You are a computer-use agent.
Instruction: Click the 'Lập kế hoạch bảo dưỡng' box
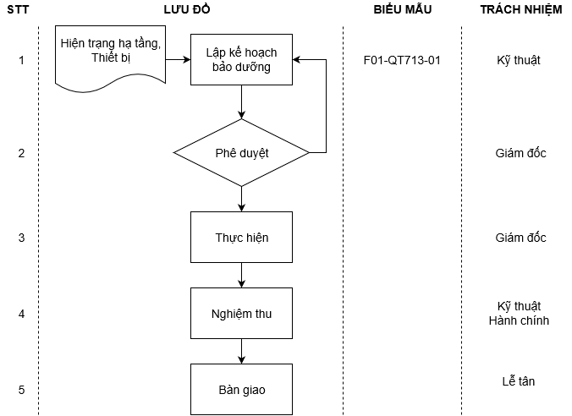coord(241,60)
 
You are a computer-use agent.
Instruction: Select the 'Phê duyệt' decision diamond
coord(241,153)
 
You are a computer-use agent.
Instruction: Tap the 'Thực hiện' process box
coord(241,238)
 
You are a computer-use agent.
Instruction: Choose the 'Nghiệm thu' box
coord(241,314)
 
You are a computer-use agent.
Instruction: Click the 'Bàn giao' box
coord(241,389)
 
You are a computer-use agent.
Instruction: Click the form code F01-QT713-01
coord(402,61)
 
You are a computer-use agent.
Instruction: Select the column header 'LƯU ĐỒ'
coord(186,9)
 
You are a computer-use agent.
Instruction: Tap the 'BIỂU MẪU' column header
coord(402,9)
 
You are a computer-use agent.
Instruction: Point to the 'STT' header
coord(21,9)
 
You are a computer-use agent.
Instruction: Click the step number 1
coord(21,61)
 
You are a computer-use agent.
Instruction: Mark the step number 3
coord(21,238)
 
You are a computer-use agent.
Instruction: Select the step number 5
coord(21,390)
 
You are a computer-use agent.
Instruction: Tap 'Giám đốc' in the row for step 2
coord(520,153)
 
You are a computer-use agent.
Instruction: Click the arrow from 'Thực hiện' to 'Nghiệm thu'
coord(242,276)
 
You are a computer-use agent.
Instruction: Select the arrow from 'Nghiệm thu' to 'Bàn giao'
coord(242,352)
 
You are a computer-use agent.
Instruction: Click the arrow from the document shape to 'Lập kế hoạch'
coord(178,61)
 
